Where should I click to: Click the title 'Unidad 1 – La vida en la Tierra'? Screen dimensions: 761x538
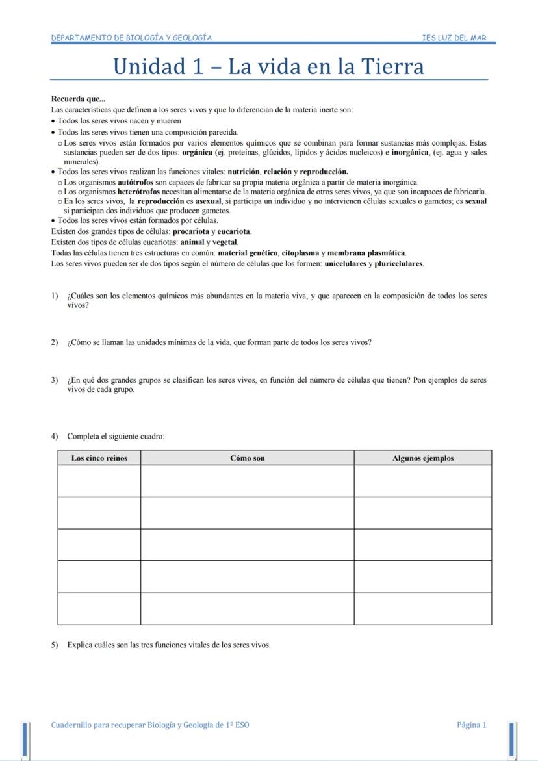pyautogui.click(x=268, y=67)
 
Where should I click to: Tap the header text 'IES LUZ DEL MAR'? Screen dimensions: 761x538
pyautogui.click(x=454, y=38)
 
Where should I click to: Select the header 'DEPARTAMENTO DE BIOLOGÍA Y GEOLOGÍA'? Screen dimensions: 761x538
pyautogui.click(x=131, y=38)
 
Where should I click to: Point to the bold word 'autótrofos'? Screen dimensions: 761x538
pyautogui.click(x=135, y=183)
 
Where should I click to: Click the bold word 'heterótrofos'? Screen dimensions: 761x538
pyautogui.click(x=138, y=192)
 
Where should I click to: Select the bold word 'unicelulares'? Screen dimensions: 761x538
pyautogui.click(x=345, y=264)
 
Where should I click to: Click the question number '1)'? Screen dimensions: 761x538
pyautogui.click(x=55, y=296)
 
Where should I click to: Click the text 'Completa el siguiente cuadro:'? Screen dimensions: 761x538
pyautogui.click(x=116, y=437)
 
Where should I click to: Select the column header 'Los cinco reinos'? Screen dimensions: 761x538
pyautogui.click(x=99, y=458)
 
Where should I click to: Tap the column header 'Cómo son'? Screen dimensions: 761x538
pyautogui.click(x=247, y=458)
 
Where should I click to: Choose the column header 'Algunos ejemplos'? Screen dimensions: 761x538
pyautogui.click(x=422, y=458)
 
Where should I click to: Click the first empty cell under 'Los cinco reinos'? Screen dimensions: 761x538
pyautogui.click(x=99, y=481)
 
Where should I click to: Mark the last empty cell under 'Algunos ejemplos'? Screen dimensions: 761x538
pyautogui.click(x=422, y=609)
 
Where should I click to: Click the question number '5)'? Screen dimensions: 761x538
pyautogui.click(x=55, y=645)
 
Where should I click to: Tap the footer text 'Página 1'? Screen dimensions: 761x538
pyautogui.click(x=471, y=725)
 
